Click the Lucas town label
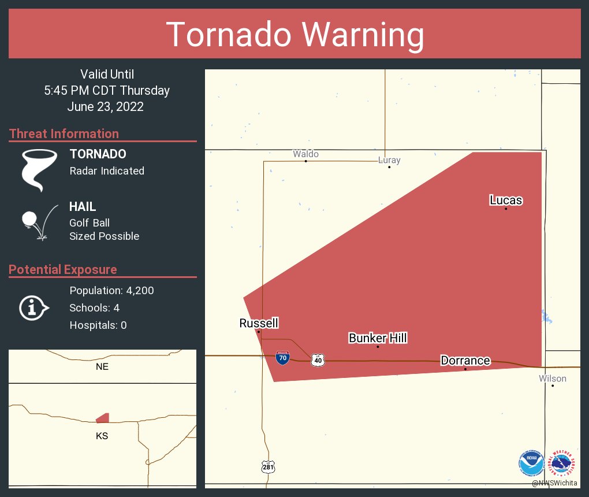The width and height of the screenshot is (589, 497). (x=506, y=201)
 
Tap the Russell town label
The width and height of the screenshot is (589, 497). (x=259, y=323)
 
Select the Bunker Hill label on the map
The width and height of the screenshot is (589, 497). (x=378, y=338)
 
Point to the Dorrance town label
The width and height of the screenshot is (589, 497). (x=465, y=361)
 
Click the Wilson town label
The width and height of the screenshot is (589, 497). (x=553, y=379)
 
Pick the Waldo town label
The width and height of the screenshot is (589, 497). (x=305, y=154)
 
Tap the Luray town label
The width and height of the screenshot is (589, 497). (x=389, y=160)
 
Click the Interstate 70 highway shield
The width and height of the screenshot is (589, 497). (x=282, y=357)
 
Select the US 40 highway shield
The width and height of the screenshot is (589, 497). (x=318, y=360)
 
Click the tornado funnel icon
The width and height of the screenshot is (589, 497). (x=39, y=169)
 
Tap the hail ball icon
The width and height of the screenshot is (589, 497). (x=30, y=220)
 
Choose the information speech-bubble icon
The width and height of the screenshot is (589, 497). (x=33, y=308)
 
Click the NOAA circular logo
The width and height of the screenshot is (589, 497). (x=531, y=463)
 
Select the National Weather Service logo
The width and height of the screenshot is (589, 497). (x=562, y=463)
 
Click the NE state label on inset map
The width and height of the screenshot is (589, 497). (x=102, y=366)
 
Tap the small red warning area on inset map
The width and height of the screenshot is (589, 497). (x=103, y=418)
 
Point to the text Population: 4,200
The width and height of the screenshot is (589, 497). (x=111, y=291)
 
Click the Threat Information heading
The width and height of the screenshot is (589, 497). (x=64, y=133)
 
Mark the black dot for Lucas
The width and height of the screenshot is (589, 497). (x=506, y=209)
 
